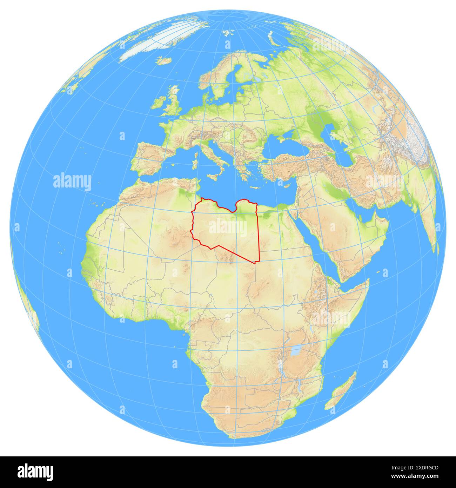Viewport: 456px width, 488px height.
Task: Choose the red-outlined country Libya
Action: point(228,228)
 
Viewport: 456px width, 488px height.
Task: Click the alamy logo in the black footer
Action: point(35,471)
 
